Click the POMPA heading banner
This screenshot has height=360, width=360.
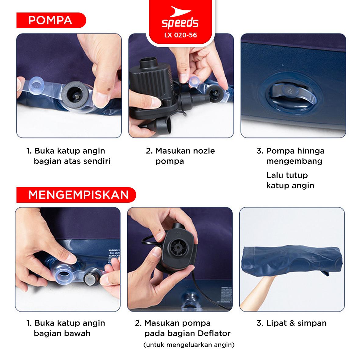(51, 20)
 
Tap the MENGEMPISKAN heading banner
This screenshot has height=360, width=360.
(76, 195)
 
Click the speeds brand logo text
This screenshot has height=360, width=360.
(180, 23)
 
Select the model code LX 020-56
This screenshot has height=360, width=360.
(180, 35)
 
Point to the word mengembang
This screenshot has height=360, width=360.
(294, 161)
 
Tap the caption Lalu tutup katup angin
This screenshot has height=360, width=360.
(290, 180)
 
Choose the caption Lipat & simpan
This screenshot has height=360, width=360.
(292, 323)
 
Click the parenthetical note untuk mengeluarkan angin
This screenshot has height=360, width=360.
(189, 345)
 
